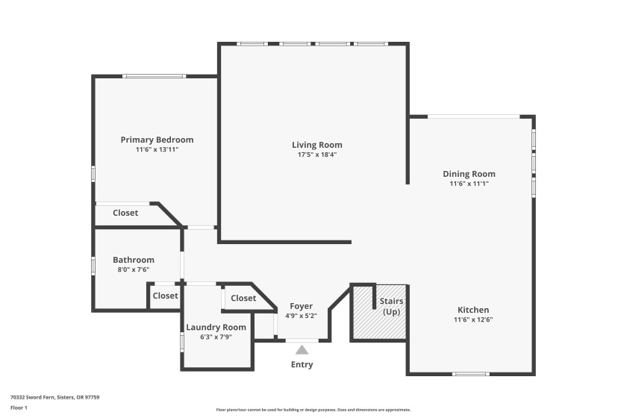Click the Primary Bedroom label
point(157,140)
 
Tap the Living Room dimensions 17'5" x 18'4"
point(317,155)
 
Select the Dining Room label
point(469,174)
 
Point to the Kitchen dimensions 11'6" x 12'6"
point(473,319)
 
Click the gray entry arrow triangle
point(302,350)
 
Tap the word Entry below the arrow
point(302,364)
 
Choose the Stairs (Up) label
point(391,306)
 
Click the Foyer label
point(301,306)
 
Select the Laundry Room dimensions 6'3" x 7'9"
point(216,337)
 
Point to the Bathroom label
point(134,260)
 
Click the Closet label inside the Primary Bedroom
point(125,213)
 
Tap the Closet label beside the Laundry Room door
point(243,298)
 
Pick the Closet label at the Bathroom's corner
point(165,296)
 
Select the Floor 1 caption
point(19,408)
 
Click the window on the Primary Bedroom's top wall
point(154,76)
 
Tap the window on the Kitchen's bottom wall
point(471,374)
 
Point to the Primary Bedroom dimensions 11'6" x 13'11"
point(157,149)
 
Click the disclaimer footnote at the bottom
point(313,410)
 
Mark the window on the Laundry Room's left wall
point(182,343)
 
